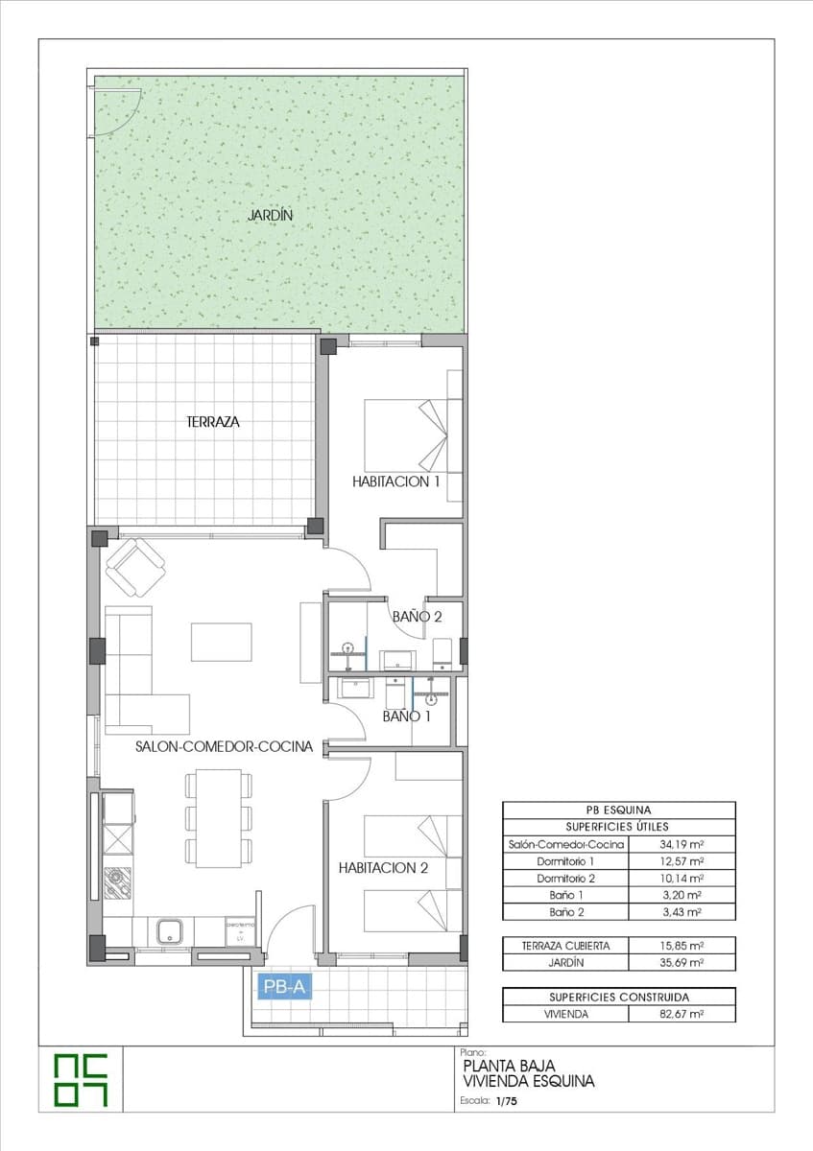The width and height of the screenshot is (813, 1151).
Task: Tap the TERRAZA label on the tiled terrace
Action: (212, 421)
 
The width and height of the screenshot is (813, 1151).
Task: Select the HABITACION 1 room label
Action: (395, 482)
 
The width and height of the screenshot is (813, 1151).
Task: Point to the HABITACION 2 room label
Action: (383, 868)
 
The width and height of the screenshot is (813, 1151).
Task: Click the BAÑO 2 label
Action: (417, 617)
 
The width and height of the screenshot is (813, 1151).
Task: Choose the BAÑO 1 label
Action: (407, 716)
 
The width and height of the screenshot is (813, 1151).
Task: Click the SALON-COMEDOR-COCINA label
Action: (224, 746)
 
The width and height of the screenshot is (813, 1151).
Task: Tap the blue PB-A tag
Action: (283, 986)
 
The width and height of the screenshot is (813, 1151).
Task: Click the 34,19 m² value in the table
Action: (681, 845)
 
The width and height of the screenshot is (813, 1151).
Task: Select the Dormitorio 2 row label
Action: (565, 879)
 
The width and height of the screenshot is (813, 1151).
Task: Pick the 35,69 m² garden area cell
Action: (681, 962)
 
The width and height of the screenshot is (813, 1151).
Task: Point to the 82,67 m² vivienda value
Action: (681, 1013)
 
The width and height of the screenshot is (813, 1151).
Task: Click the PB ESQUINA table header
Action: (618, 810)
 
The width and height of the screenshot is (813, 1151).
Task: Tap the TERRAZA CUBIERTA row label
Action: (565, 946)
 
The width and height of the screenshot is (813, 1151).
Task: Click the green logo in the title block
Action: (81, 1080)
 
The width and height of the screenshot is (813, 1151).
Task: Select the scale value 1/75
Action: (506, 1103)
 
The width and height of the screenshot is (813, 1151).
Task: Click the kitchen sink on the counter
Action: (171, 929)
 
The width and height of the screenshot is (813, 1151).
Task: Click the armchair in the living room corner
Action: (135, 567)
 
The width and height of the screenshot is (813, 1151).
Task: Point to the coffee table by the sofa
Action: (221, 642)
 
